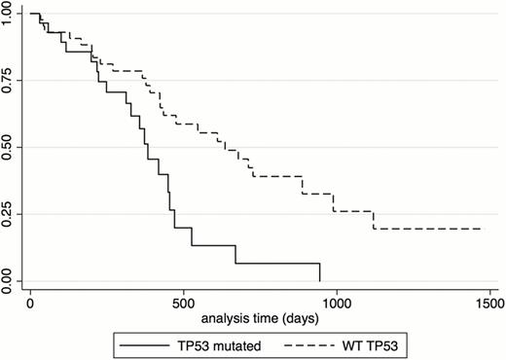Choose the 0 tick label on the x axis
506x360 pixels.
click(30, 303)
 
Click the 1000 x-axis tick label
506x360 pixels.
click(337, 303)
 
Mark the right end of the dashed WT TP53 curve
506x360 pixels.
click(481, 229)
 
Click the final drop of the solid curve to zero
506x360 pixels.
click(319, 272)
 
